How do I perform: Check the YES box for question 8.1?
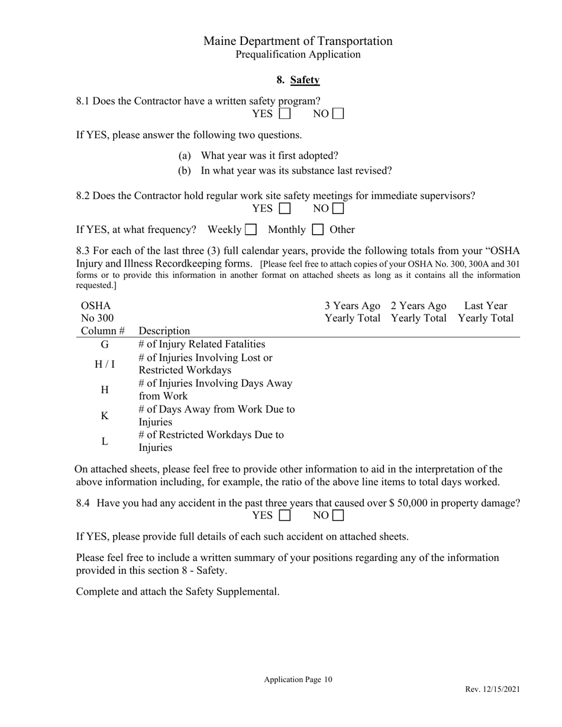(285, 113)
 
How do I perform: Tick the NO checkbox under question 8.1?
(338, 113)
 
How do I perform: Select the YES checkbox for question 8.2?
(285, 209)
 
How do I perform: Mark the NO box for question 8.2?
(338, 209)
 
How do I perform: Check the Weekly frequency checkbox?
(251, 229)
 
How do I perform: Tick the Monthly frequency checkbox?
(318, 229)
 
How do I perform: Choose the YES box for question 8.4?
(285, 515)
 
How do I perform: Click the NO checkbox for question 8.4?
(338, 515)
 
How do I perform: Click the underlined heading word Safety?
(305, 80)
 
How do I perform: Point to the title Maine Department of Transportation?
(298, 41)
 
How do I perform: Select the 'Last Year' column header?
(485, 306)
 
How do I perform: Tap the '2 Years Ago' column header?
(418, 306)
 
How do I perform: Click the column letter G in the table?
(105, 345)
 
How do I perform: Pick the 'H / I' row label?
(105, 364)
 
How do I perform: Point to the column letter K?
(105, 416)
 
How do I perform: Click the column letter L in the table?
(105, 442)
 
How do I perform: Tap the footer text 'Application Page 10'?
(298, 680)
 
